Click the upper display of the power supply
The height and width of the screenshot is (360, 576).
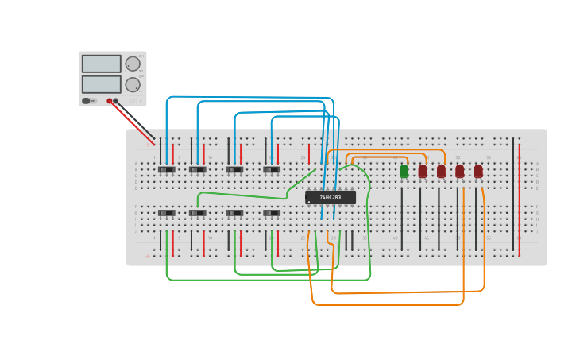coord(101,64)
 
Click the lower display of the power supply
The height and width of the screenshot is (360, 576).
coord(101,84)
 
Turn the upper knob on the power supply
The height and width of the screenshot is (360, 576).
coord(133,64)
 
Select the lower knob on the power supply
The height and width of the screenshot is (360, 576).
coord(133,84)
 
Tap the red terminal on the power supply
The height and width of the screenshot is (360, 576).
coord(110,101)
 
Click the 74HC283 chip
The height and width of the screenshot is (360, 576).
coord(330,197)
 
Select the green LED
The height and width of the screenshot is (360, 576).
coord(404,171)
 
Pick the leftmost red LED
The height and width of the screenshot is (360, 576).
coord(423,171)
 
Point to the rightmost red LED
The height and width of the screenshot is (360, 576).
coord(478,171)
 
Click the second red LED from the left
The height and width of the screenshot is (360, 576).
coord(441,171)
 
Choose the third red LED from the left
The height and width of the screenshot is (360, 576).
coord(459,171)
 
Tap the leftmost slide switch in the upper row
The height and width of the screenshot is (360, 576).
coord(166,169)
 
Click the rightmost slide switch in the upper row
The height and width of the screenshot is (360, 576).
coord(272,169)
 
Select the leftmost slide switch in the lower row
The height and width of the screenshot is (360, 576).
coord(166,213)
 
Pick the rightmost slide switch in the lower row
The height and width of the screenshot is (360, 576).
coord(272,213)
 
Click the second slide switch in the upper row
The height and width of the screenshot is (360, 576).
coord(198,169)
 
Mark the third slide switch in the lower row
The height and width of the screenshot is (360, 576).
coord(234,213)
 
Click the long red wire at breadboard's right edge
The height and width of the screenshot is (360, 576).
coord(520,199)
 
